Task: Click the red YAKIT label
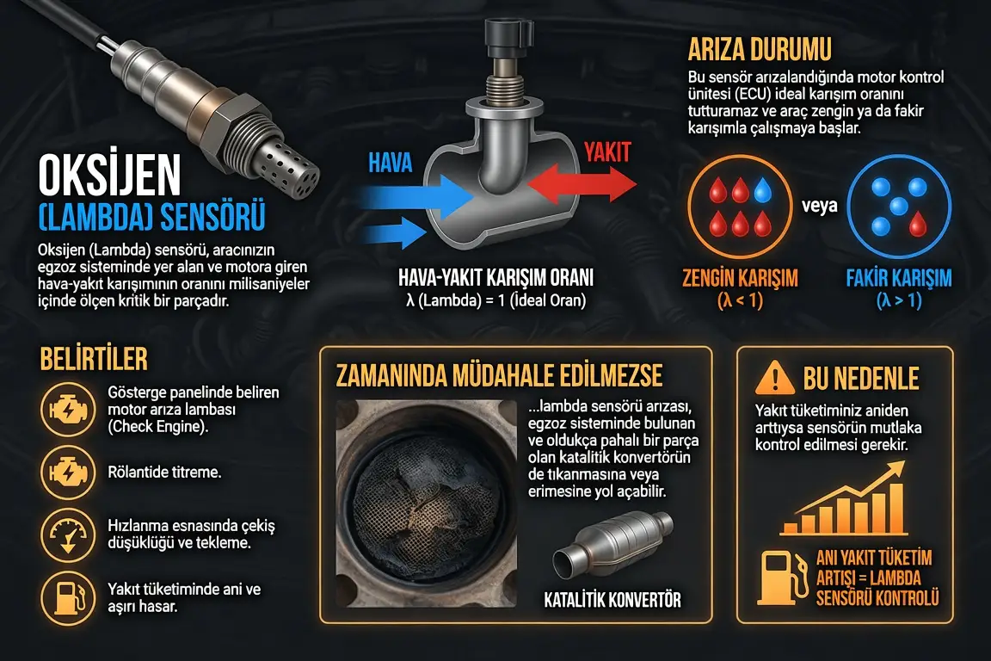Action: pyautogui.click(x=607, y=151)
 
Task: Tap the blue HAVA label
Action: pyautogui.click(x=390, y=163)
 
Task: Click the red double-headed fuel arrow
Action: pyautogui.click(x=582, y=183)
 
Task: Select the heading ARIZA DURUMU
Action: pyautogui.click(x=759, y=49)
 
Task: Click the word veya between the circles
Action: pyautogui.click(x=819, y=206)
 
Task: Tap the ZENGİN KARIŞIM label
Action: pyautogui.click(x=740, y=278)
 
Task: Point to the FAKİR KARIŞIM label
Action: pyautogui.click(x=899, y=278)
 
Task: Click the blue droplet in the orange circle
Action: pyautogui.click(x=763, y=189)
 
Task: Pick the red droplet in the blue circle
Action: pyautogui.click(x=918, y=224)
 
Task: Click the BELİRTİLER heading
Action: pyautogui.click(x=94, y=359)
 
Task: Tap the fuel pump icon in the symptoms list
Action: pyautogui.click(x=68, y=598)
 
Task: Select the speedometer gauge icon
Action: pyautogui.click(x=68, y=535)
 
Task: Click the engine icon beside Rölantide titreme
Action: pyautogui.click(x=68, y=472)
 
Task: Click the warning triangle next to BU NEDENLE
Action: pyautogui.click(x=774, y=378)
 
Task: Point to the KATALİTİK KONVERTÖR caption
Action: pyautogui.click(x=612, y=600)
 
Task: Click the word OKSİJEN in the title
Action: pyautogui.click(x=109, y=176)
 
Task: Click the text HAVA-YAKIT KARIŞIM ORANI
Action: pyautogui.click(x=495, y=278)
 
